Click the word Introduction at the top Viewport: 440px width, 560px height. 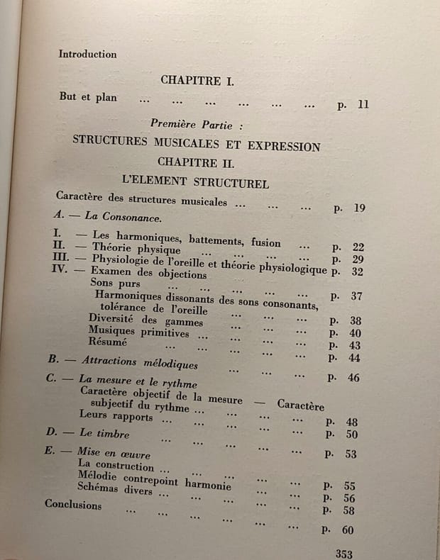click(87, 54)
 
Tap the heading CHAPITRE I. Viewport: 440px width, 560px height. click(197, 81)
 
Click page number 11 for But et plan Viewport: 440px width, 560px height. click(363, 106)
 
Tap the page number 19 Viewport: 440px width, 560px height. click(358, 208)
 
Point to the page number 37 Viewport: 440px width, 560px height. click(356, 296)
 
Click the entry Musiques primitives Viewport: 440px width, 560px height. click(138, 332)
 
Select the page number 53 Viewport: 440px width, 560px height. click(351, 454)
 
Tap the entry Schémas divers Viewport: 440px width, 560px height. click(114, 491)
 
